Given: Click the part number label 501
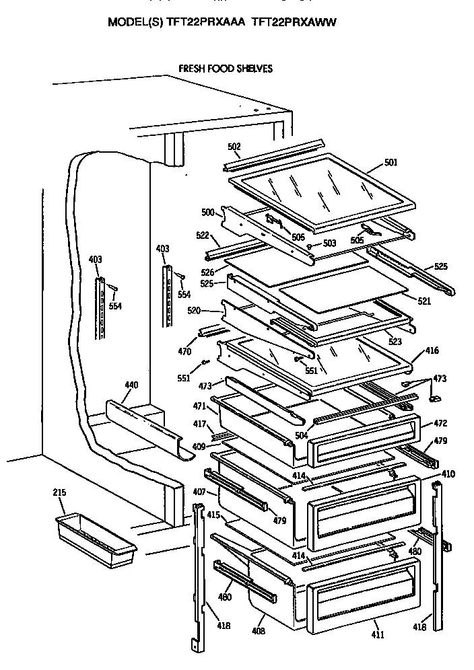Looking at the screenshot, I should coord(391,162).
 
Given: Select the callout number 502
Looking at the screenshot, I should coord(234,147).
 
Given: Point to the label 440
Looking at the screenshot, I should coord(131,385).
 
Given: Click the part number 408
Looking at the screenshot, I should coord(259,631).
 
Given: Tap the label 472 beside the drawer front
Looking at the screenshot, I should coord(440,424).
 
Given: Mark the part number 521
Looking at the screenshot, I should coord(424,301).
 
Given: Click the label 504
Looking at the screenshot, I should coord(301,436).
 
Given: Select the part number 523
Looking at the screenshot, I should coord(394,342).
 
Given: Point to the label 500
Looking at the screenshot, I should coord(207,213).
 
